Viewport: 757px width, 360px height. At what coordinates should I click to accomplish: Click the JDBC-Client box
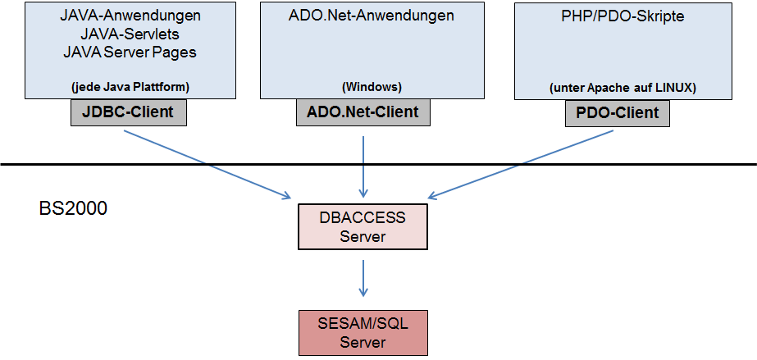pyautogui.click(x=130, y=112)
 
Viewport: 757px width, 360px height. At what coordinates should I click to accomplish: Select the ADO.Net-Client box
pyautogui.click(x=363, y=112)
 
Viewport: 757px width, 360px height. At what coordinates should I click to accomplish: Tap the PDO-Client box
pyautogui.click(x=618, y=113)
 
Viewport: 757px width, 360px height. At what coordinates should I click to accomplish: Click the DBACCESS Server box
pyautogui.click(x=363, y=227)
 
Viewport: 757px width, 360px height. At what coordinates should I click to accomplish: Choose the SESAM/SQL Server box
pyautogui.click(x=363, y=333)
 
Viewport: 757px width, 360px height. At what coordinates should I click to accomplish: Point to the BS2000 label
pyautogui.click(x=73, y=209)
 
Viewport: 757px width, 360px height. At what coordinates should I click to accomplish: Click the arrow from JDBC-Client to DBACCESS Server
pyautogui.click(x=207, y=164)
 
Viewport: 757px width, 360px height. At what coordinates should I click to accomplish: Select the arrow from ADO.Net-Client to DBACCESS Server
pyautogui.click(x=363, y=167)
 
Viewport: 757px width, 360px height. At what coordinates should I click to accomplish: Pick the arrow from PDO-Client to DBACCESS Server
pyautogui.click(x=521, y=164)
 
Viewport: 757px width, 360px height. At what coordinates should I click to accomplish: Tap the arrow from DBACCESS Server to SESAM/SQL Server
pyautogui.click(x=363, y=279)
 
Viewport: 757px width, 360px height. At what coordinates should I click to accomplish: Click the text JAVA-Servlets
pyautogui.click(x=130, y=34)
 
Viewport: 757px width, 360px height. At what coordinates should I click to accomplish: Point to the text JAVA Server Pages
pyautogui.click(x=130, y=52)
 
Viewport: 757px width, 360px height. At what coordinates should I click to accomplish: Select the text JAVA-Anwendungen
pyautogui.click(x=130, y=16)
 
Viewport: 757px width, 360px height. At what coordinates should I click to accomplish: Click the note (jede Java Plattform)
pyautogui.click(x=130, y=88)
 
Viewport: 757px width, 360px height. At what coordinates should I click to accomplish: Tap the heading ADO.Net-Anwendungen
pyautogui.click(x=372, y=16)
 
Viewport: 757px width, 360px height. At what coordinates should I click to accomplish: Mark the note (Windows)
pyautogui.click(x=372, y=88)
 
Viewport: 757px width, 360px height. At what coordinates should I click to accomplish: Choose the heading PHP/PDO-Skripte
pyautogui.click(x=622, y=16)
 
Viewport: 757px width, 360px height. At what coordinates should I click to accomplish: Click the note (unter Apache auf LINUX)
pyautogui.click(x=622, y=88)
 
